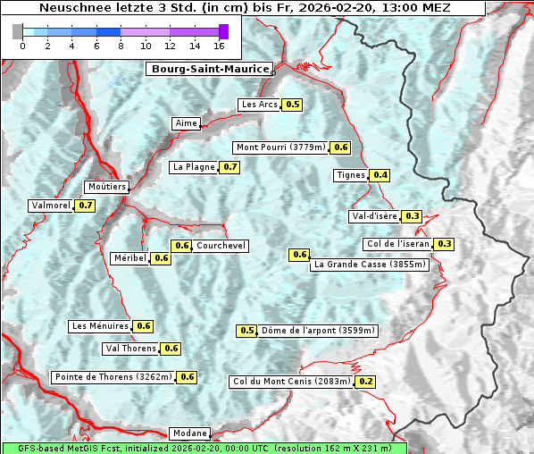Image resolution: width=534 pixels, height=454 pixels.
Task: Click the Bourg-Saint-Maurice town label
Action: coord(209,69)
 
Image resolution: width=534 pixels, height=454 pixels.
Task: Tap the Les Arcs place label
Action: coord(260,105)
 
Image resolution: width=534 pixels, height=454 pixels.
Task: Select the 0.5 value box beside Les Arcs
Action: coord(293,105)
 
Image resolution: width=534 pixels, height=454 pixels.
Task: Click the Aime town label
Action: coord(187,123)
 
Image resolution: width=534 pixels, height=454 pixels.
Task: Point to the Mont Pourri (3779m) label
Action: coord(280,147)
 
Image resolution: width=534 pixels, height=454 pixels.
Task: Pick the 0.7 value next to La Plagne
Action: coord(230,167)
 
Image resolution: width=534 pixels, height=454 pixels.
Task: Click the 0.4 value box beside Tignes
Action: coord(380,175)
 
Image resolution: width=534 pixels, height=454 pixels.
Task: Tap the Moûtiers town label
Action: coord(107,187)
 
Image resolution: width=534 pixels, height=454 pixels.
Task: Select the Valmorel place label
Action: coord(51,206)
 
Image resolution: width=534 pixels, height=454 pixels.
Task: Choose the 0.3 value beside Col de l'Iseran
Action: coord(444,244)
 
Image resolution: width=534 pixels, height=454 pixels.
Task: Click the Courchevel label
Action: coord(221,246)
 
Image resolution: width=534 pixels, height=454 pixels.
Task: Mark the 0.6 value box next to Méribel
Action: coord(162,258)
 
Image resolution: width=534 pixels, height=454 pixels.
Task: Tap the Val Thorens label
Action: coord(131,349)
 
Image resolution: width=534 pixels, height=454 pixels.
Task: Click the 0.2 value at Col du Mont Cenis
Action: coord(365,382)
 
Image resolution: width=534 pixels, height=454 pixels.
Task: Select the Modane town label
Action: coord(189,433)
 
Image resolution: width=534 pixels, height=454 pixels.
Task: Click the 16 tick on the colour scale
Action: coord(219,46)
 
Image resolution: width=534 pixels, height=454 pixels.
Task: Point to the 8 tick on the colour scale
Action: coord(121,46)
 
